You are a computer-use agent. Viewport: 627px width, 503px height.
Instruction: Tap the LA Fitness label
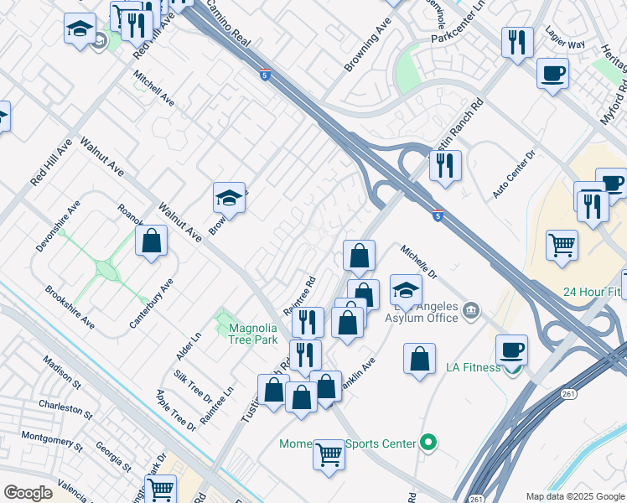coord(472,367)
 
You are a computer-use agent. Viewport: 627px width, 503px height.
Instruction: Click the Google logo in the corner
coord(28,493)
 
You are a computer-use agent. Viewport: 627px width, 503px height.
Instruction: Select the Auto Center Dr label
coord(513,174)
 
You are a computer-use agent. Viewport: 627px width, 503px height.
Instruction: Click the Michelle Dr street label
coord(419,262)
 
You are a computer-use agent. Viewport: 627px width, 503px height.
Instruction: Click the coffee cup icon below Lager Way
coord(552,73)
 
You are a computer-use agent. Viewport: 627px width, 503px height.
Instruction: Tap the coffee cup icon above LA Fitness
coord(511,349)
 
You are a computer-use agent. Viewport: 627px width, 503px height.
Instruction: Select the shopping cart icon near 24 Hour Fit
coord(562,245)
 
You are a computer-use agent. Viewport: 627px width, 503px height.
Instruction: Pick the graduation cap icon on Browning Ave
coord(229,198)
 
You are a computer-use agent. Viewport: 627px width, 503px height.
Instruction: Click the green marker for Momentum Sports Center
coord(429,442)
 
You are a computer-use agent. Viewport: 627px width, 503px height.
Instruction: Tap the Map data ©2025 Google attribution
coord(574,496)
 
